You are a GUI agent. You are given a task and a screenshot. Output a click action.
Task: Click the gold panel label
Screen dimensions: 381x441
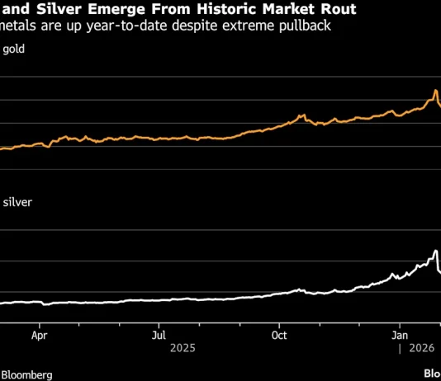14,49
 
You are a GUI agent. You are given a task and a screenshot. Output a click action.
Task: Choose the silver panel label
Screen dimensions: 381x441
18,201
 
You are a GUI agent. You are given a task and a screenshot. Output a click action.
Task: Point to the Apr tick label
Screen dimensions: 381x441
39,336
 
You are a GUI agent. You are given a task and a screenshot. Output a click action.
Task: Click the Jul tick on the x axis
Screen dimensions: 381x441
159,336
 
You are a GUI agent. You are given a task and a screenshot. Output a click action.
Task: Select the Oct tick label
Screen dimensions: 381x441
279,336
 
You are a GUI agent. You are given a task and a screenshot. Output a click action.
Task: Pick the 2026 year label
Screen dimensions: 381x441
418,349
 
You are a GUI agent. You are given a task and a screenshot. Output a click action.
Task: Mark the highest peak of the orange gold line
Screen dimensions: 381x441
435,90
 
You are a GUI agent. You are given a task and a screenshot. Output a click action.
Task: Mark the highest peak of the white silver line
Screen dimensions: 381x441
435,250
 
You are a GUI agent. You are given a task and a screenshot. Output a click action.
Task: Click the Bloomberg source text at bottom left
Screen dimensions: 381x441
26,374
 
